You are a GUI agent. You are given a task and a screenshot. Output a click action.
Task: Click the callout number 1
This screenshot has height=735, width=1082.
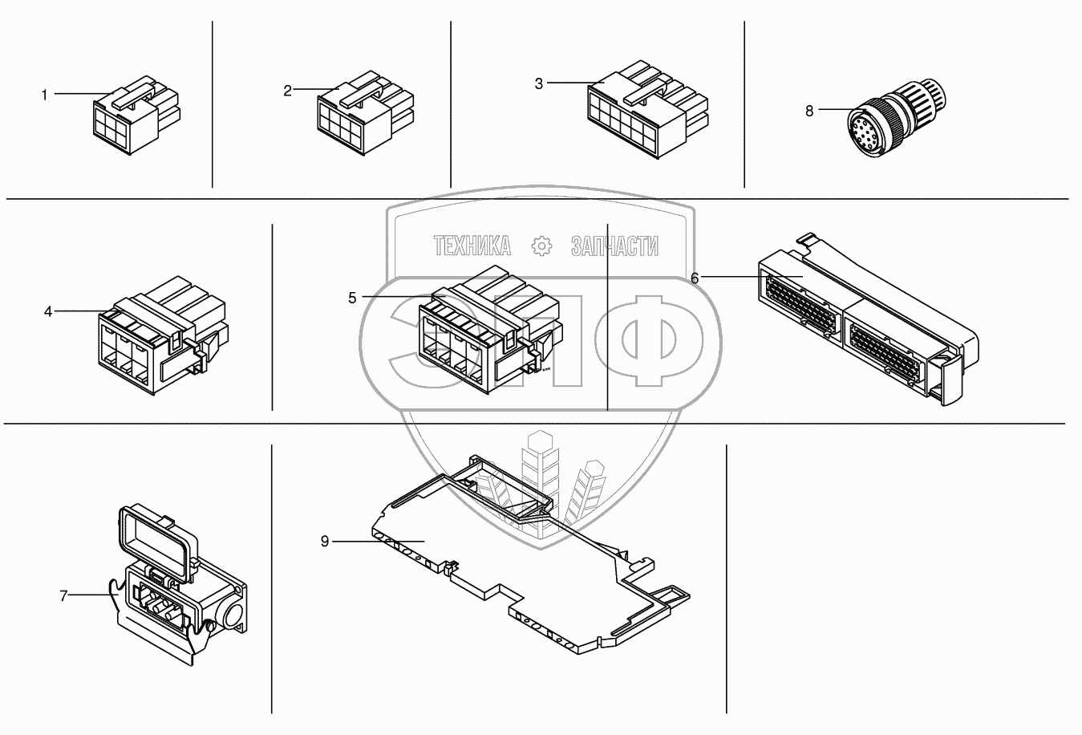(44, 95)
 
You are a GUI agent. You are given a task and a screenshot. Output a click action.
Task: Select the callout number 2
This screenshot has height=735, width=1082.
(287, 91)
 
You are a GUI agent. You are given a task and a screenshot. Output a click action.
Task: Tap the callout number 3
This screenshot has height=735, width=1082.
(539, 83)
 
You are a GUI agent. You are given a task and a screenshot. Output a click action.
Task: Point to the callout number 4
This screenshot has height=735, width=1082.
(48, 311)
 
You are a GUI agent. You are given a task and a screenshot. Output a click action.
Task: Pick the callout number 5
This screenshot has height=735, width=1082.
(352, 298)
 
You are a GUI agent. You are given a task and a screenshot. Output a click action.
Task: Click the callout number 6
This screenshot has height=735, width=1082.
(695, 278)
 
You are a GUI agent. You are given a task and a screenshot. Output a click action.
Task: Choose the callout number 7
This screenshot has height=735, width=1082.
(63, 596)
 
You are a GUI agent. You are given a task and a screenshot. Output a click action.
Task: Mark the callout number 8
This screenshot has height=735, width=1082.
(809, 111)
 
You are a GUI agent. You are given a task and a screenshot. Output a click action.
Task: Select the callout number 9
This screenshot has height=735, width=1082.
(325, 542)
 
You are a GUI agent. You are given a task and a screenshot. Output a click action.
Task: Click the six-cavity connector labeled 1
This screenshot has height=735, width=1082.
(136, 115)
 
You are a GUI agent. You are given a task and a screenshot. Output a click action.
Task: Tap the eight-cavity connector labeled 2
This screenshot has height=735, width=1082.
(366, 114)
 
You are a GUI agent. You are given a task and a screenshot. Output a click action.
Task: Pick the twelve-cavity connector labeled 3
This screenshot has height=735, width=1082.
(648, 110)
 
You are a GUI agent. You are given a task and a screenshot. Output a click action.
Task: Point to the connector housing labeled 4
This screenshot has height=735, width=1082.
(163, 335)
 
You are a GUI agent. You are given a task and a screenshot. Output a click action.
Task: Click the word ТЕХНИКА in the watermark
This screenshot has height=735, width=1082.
(472, 246)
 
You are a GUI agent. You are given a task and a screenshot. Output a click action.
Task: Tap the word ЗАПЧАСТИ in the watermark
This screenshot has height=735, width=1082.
(614, 246)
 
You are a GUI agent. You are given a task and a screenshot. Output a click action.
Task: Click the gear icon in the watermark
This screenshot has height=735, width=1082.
(541, 246)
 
